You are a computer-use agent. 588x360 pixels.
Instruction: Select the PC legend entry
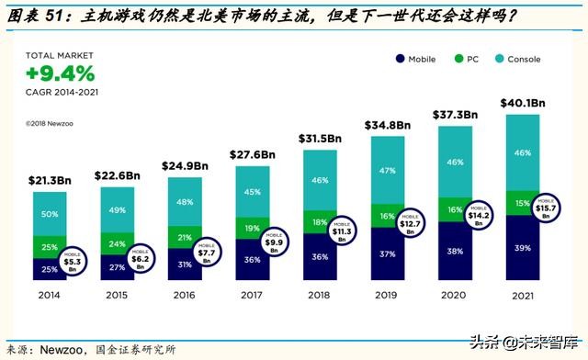(469, 60)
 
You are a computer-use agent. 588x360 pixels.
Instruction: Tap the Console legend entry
(518, 60)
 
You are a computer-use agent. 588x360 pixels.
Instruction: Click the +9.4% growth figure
(60, 73)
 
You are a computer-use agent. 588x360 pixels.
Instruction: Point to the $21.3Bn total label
(51, 181)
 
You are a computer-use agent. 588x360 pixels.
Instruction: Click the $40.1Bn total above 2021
(523, 102)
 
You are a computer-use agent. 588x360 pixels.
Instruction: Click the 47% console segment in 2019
(386, 170)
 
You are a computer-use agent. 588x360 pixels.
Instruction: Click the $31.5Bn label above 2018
(320, 139)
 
